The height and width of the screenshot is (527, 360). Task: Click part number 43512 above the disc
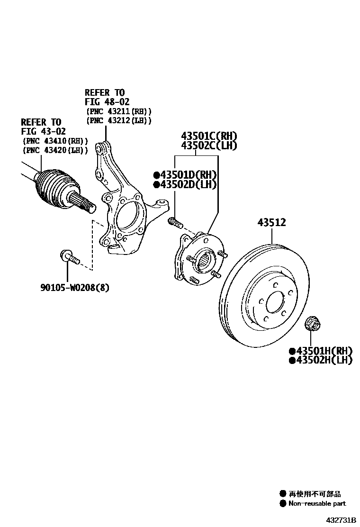(x=271, y=222)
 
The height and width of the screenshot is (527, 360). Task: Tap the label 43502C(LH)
(x=208, y=146)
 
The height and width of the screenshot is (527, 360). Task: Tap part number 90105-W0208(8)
(x=74, y=287)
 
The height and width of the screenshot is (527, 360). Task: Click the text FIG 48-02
(x=107, y=102)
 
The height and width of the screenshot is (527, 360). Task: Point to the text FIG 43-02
(x=43, y=131)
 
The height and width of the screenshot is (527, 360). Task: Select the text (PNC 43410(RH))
(x=55, y=141)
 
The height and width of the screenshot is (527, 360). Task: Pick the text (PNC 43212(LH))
(x=119, y=121)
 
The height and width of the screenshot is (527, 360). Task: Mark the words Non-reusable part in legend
(x=317, y=503)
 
